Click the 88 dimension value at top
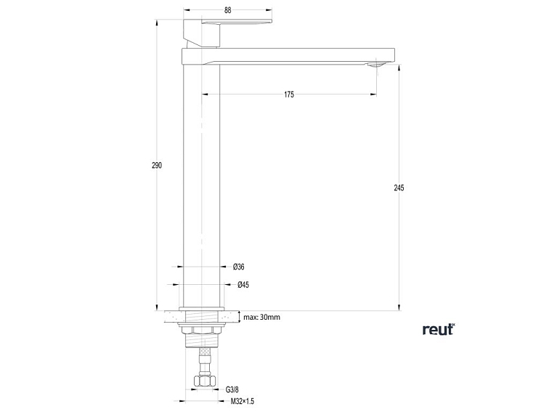[x=228, y=10]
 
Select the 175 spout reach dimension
[x=289, y=94]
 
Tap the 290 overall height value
[x=157, y=166]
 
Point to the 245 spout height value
[x=399, y=187]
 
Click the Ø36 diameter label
[x=239, y=267]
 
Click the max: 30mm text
[x=262, y=317]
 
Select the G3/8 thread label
[x=232, y=389]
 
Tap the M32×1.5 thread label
[x=243, y=401]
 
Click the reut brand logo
[x=438, y=329]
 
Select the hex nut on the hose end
[x=203, y=381]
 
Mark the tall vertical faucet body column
[x=202, y=182]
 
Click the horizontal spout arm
[x=290, y=56]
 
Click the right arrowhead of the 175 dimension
[x=375, y=94]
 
